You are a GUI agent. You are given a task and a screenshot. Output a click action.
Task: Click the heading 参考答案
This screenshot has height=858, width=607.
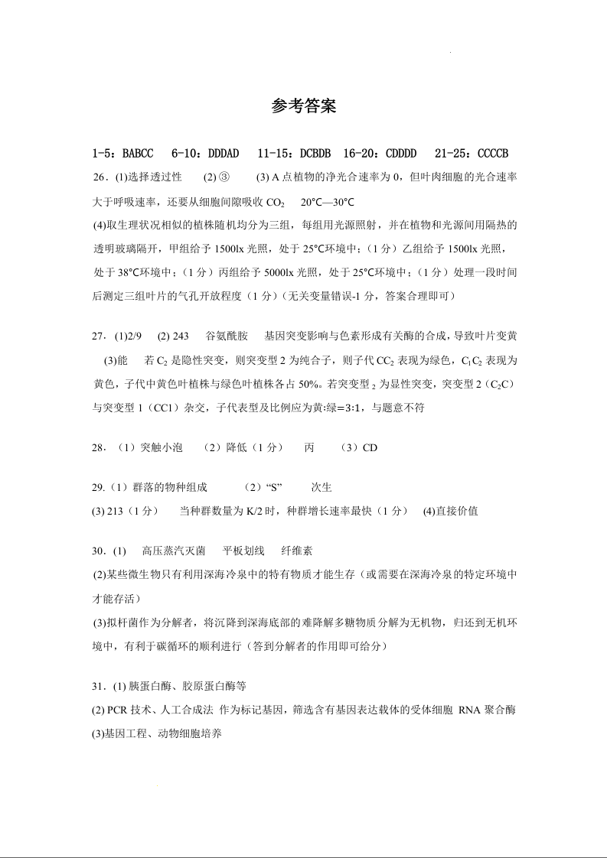point(304,106)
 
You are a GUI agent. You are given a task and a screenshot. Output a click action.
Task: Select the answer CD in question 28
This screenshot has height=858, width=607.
point(370,448)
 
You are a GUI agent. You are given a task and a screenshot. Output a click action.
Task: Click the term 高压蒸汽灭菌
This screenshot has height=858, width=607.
point(174,551)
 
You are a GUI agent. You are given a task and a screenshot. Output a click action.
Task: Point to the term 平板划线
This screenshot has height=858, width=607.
point(243,551)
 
